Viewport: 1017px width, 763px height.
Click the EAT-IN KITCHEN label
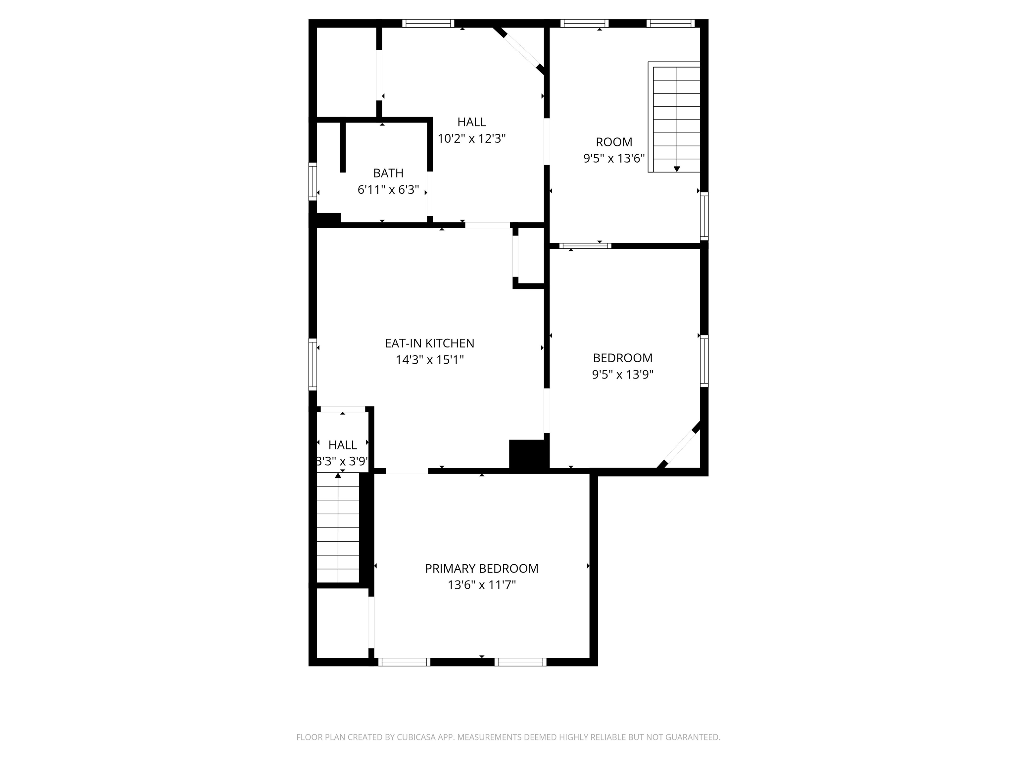click(429, 343)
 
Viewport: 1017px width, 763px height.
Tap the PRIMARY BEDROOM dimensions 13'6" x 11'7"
click(482, 585)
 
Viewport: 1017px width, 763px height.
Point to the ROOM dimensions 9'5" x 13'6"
click(614, 158)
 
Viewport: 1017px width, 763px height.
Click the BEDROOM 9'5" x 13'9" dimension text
click(622, 374)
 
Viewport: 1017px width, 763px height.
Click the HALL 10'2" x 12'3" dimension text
click(471, 138)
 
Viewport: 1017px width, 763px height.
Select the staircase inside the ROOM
click(674, 117)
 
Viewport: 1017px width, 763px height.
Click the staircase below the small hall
click(338, 529)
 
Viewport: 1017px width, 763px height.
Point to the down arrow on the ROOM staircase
click(677, 169)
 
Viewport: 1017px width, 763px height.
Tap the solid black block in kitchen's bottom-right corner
click(528, 454)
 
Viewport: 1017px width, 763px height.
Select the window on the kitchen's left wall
click(313, 364)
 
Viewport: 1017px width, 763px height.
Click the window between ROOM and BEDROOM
click(585, 246)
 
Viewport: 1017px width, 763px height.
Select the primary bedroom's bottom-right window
click(520, 662)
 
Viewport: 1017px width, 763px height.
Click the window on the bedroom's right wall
click(704, 361)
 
